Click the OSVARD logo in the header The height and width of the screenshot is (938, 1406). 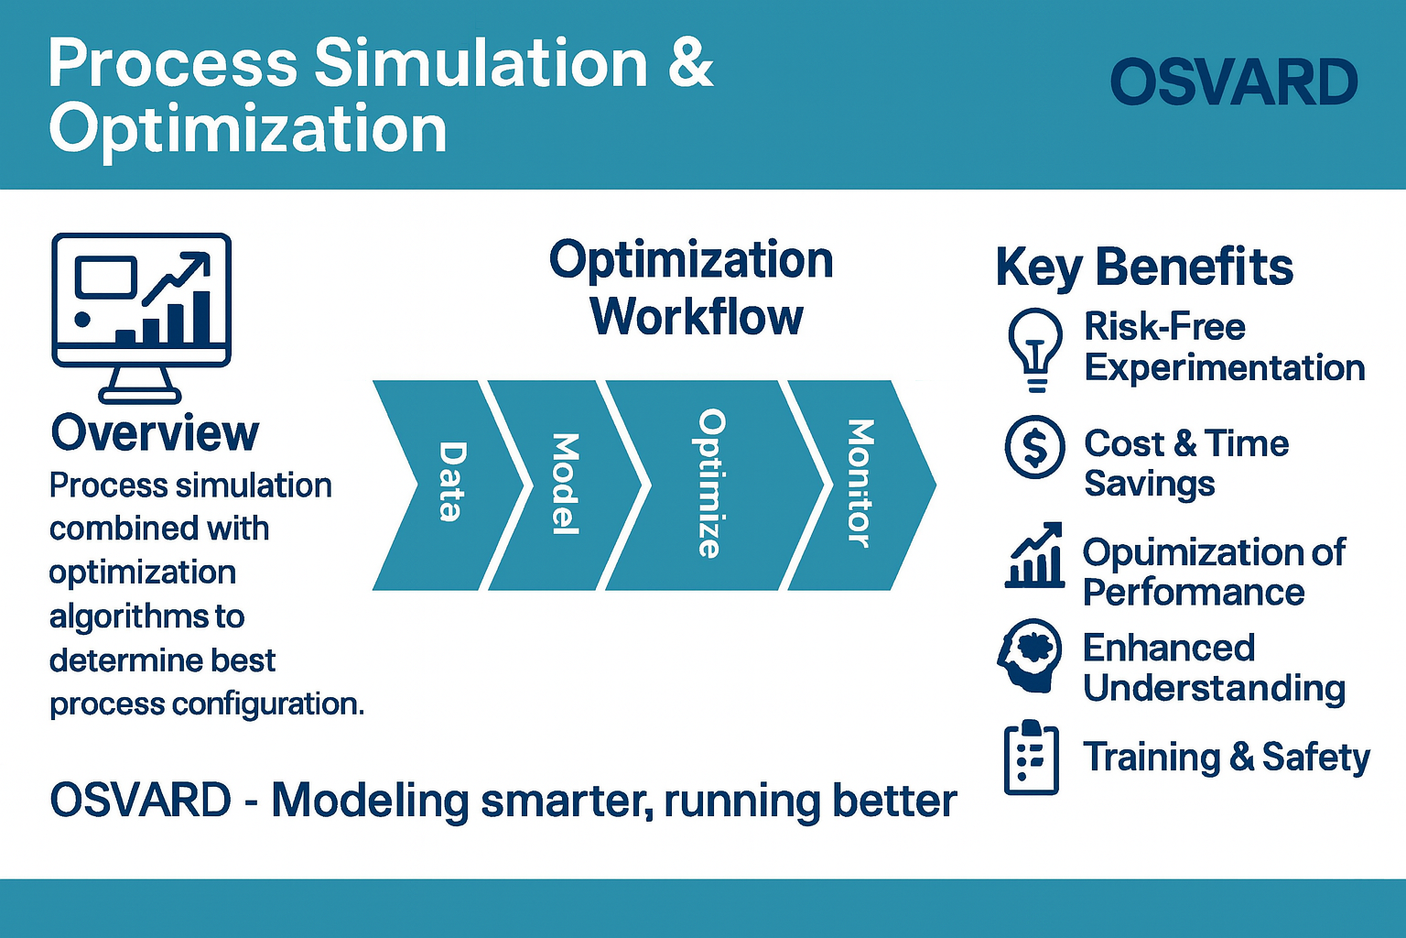tap(1234, 82)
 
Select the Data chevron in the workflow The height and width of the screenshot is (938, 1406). tap(448, 485)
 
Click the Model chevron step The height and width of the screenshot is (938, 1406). tap(565, 485)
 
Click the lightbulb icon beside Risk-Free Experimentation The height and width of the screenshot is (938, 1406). tap(1035, 350)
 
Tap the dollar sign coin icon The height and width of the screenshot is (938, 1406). tap(1035, 447)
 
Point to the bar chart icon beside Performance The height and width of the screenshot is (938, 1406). tap(1034, 555)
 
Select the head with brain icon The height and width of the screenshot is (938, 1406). tap(1030, 655)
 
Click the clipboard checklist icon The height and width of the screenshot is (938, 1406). tap(1032, 757)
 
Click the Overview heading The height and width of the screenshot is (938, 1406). tap(155, 433)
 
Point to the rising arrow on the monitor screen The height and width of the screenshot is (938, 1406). tap(177, 278)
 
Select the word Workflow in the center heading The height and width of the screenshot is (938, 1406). tap(697, 317)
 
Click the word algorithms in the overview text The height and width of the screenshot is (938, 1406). tap(146, 617)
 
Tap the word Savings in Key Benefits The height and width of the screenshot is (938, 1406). tap(1150, 484)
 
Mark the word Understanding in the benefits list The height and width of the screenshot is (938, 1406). tap(1215, 689)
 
